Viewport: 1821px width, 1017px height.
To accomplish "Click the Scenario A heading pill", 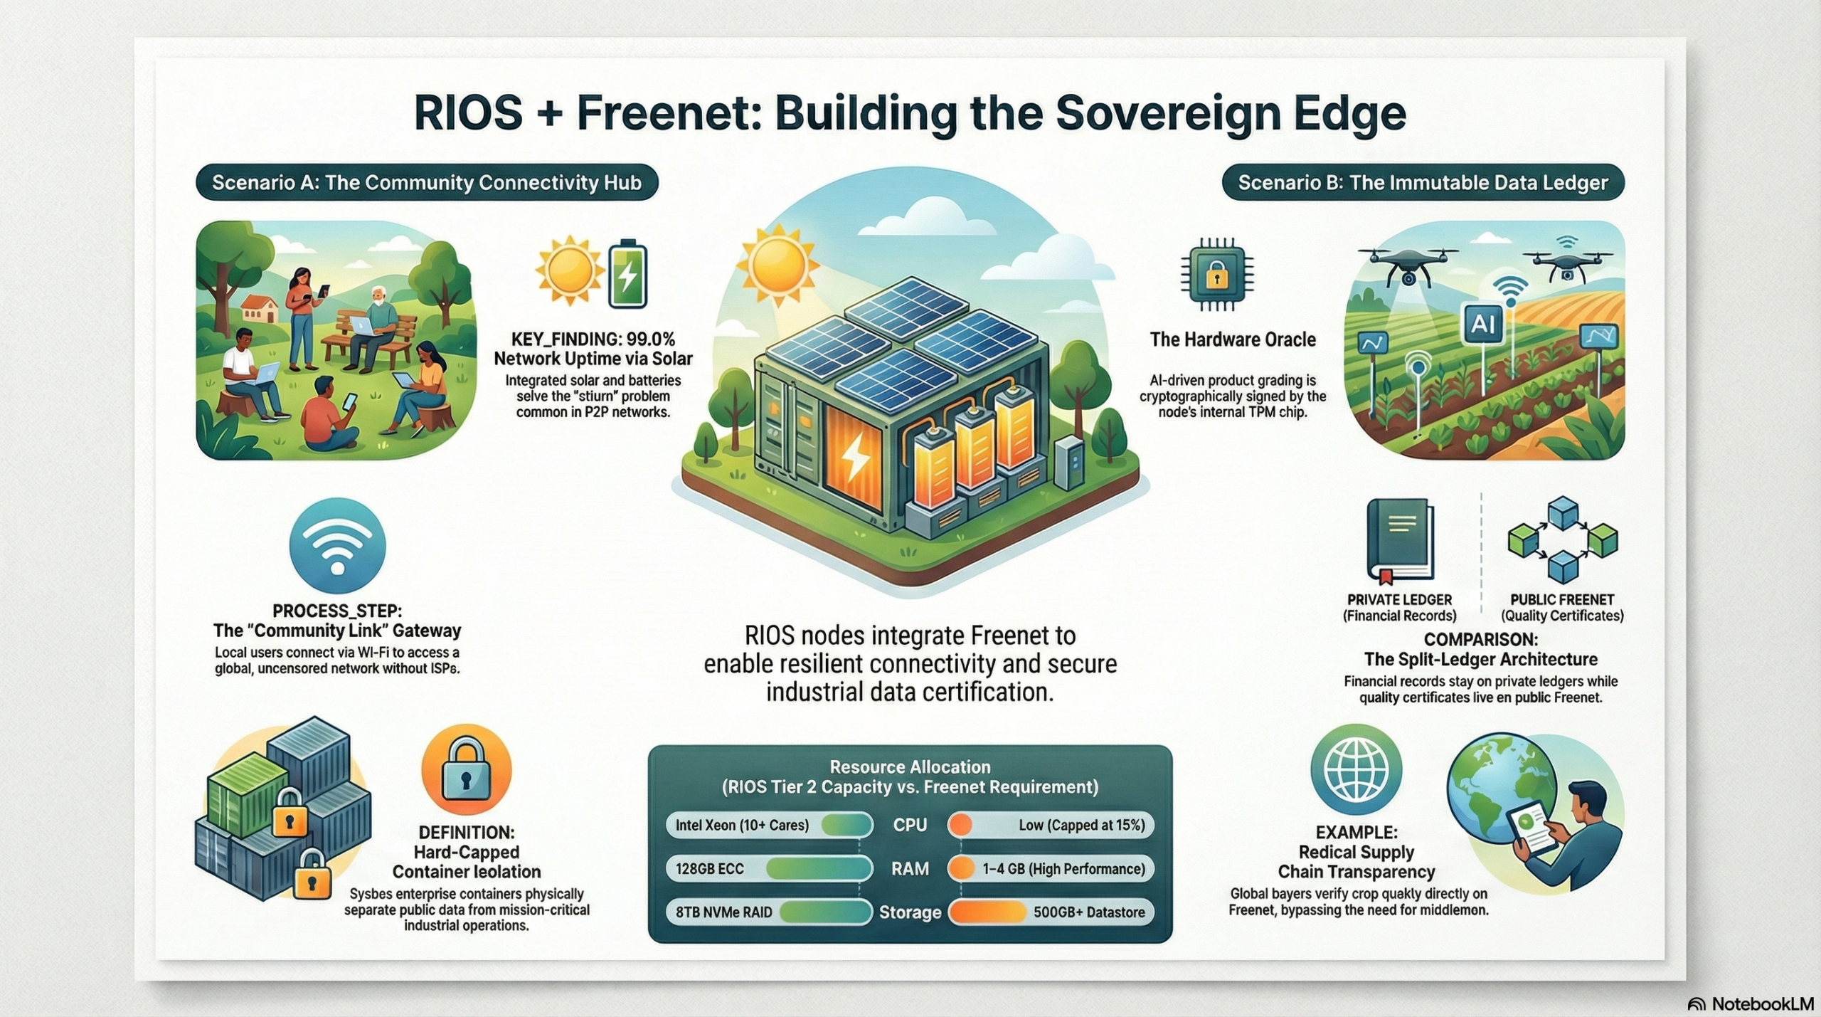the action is tap(427, 183).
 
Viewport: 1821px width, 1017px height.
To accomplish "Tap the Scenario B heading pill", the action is tap(1423, 183).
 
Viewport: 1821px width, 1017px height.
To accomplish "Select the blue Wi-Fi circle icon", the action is tap(338, 546).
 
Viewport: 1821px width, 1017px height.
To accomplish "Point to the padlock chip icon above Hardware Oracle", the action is tap(1217, 275).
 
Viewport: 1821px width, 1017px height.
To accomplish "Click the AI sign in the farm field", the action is tap(1483, 325).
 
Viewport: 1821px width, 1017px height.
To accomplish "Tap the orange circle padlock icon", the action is tap(466, 770).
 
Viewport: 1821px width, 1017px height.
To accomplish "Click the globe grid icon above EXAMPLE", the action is tap(1356, 769).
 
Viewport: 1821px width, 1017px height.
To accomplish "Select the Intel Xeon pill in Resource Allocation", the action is tap(769, 825).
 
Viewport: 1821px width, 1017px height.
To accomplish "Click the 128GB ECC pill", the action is tap(769, 868).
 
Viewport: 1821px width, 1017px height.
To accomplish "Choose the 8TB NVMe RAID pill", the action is tap(769, 912).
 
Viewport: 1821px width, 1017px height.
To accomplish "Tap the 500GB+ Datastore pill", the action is tap(1051, 912).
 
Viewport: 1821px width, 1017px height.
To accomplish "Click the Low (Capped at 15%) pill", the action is tap(1051, 825).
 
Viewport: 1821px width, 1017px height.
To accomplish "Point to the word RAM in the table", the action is tap(910, 868).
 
